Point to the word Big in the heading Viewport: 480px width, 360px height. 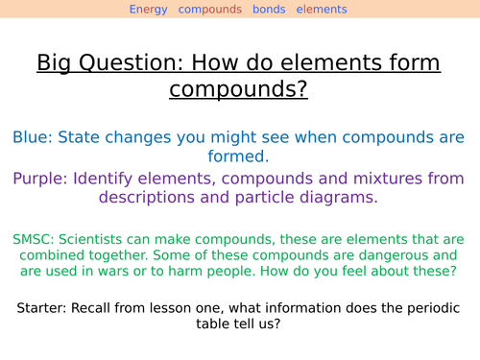coord(56,64)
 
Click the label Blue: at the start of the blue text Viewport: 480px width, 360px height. coord(35,136)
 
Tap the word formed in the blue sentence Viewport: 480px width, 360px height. coord(239,156)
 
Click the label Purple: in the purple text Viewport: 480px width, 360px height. coord(44,179)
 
